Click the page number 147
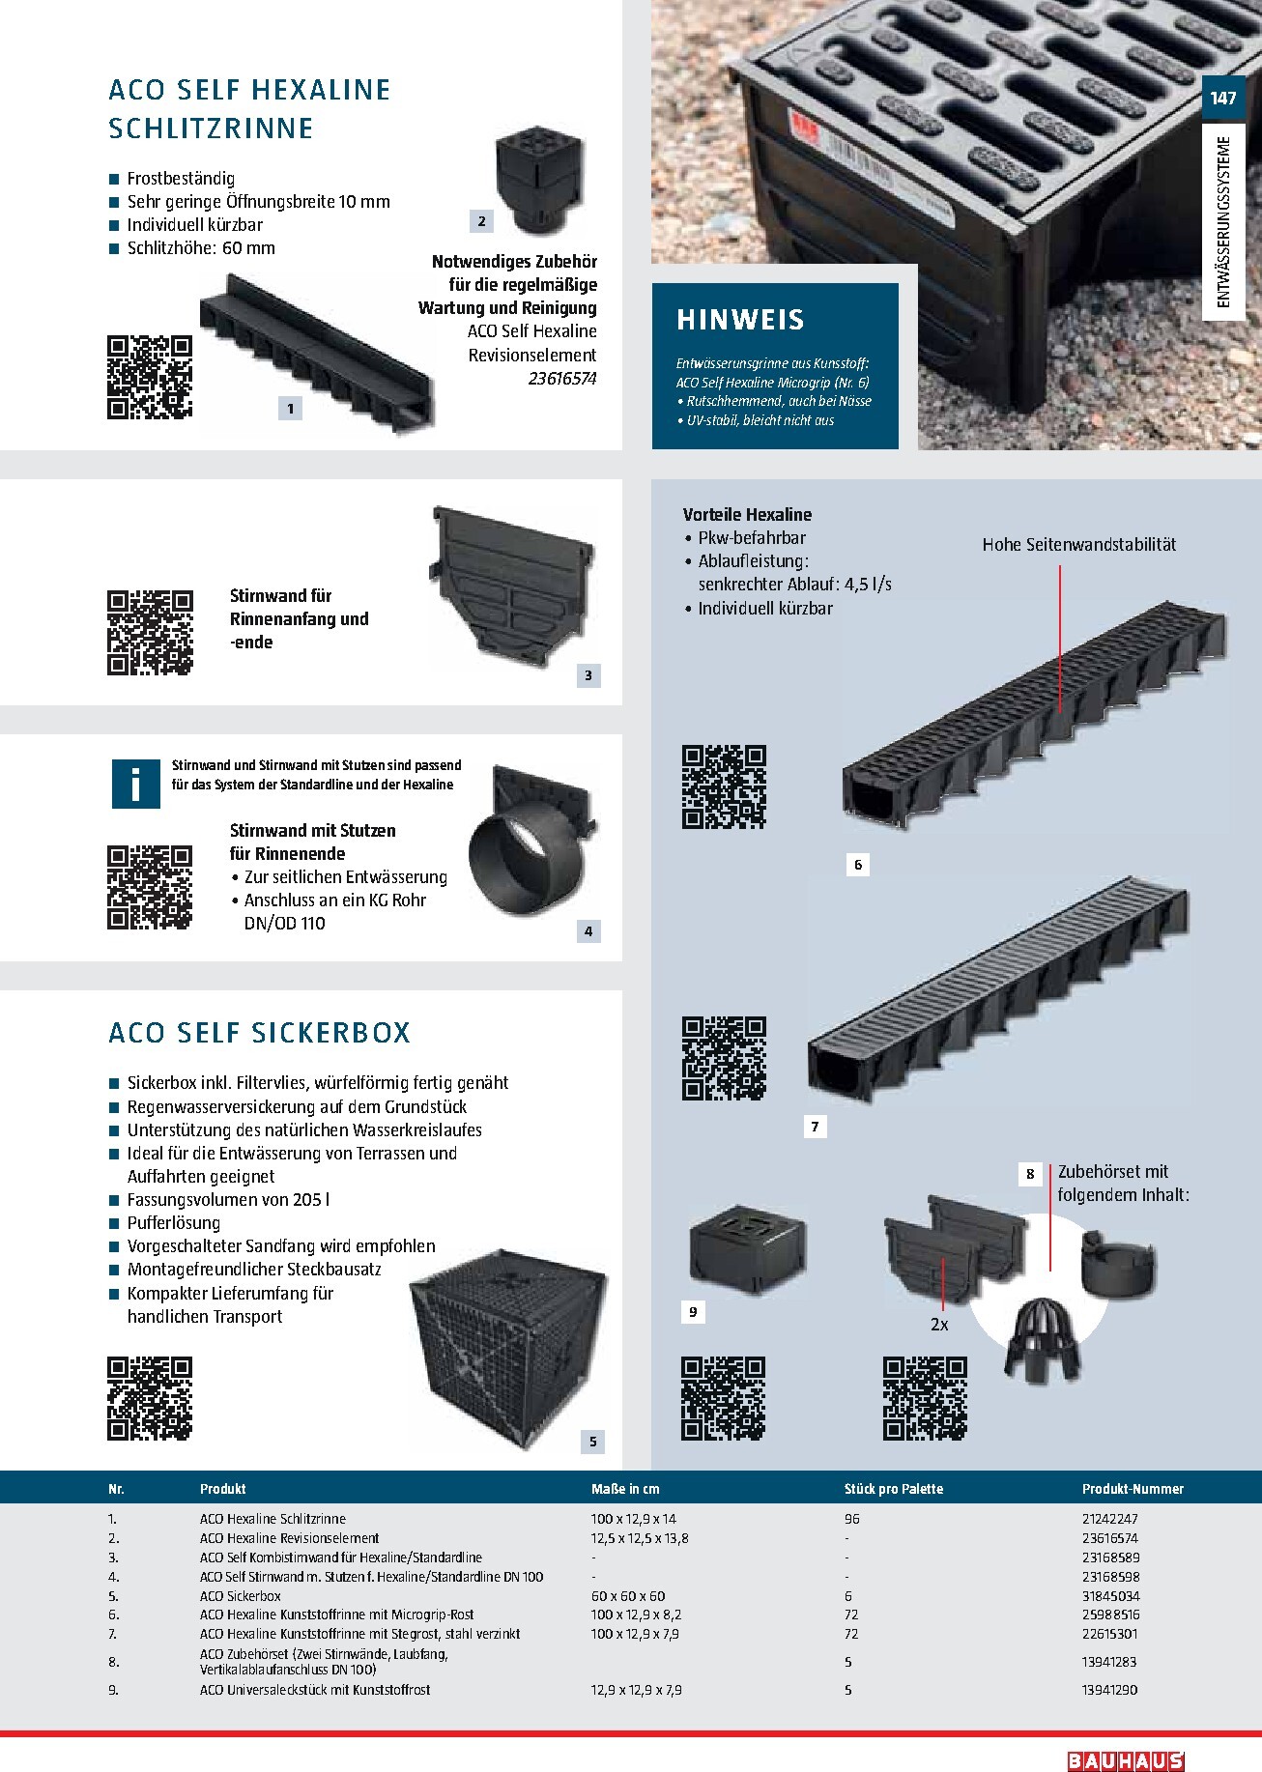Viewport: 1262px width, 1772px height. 1222,99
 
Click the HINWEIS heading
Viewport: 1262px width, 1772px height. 740,320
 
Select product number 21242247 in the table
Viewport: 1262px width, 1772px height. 1110,1519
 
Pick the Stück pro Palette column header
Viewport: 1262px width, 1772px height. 893,1489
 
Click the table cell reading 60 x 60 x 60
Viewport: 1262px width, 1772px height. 628,1596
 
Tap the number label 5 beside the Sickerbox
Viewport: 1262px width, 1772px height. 593,1442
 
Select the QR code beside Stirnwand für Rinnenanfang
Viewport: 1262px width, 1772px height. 150,633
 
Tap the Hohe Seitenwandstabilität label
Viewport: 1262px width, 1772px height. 1079,544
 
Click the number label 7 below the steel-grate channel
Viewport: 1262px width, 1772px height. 815,1127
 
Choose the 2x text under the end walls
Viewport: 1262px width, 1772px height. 939,1325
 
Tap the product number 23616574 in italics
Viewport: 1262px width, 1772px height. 562,379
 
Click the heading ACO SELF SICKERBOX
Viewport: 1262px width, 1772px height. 260,1033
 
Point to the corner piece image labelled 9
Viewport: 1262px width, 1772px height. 747,1255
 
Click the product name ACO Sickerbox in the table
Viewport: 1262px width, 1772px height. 241,1596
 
